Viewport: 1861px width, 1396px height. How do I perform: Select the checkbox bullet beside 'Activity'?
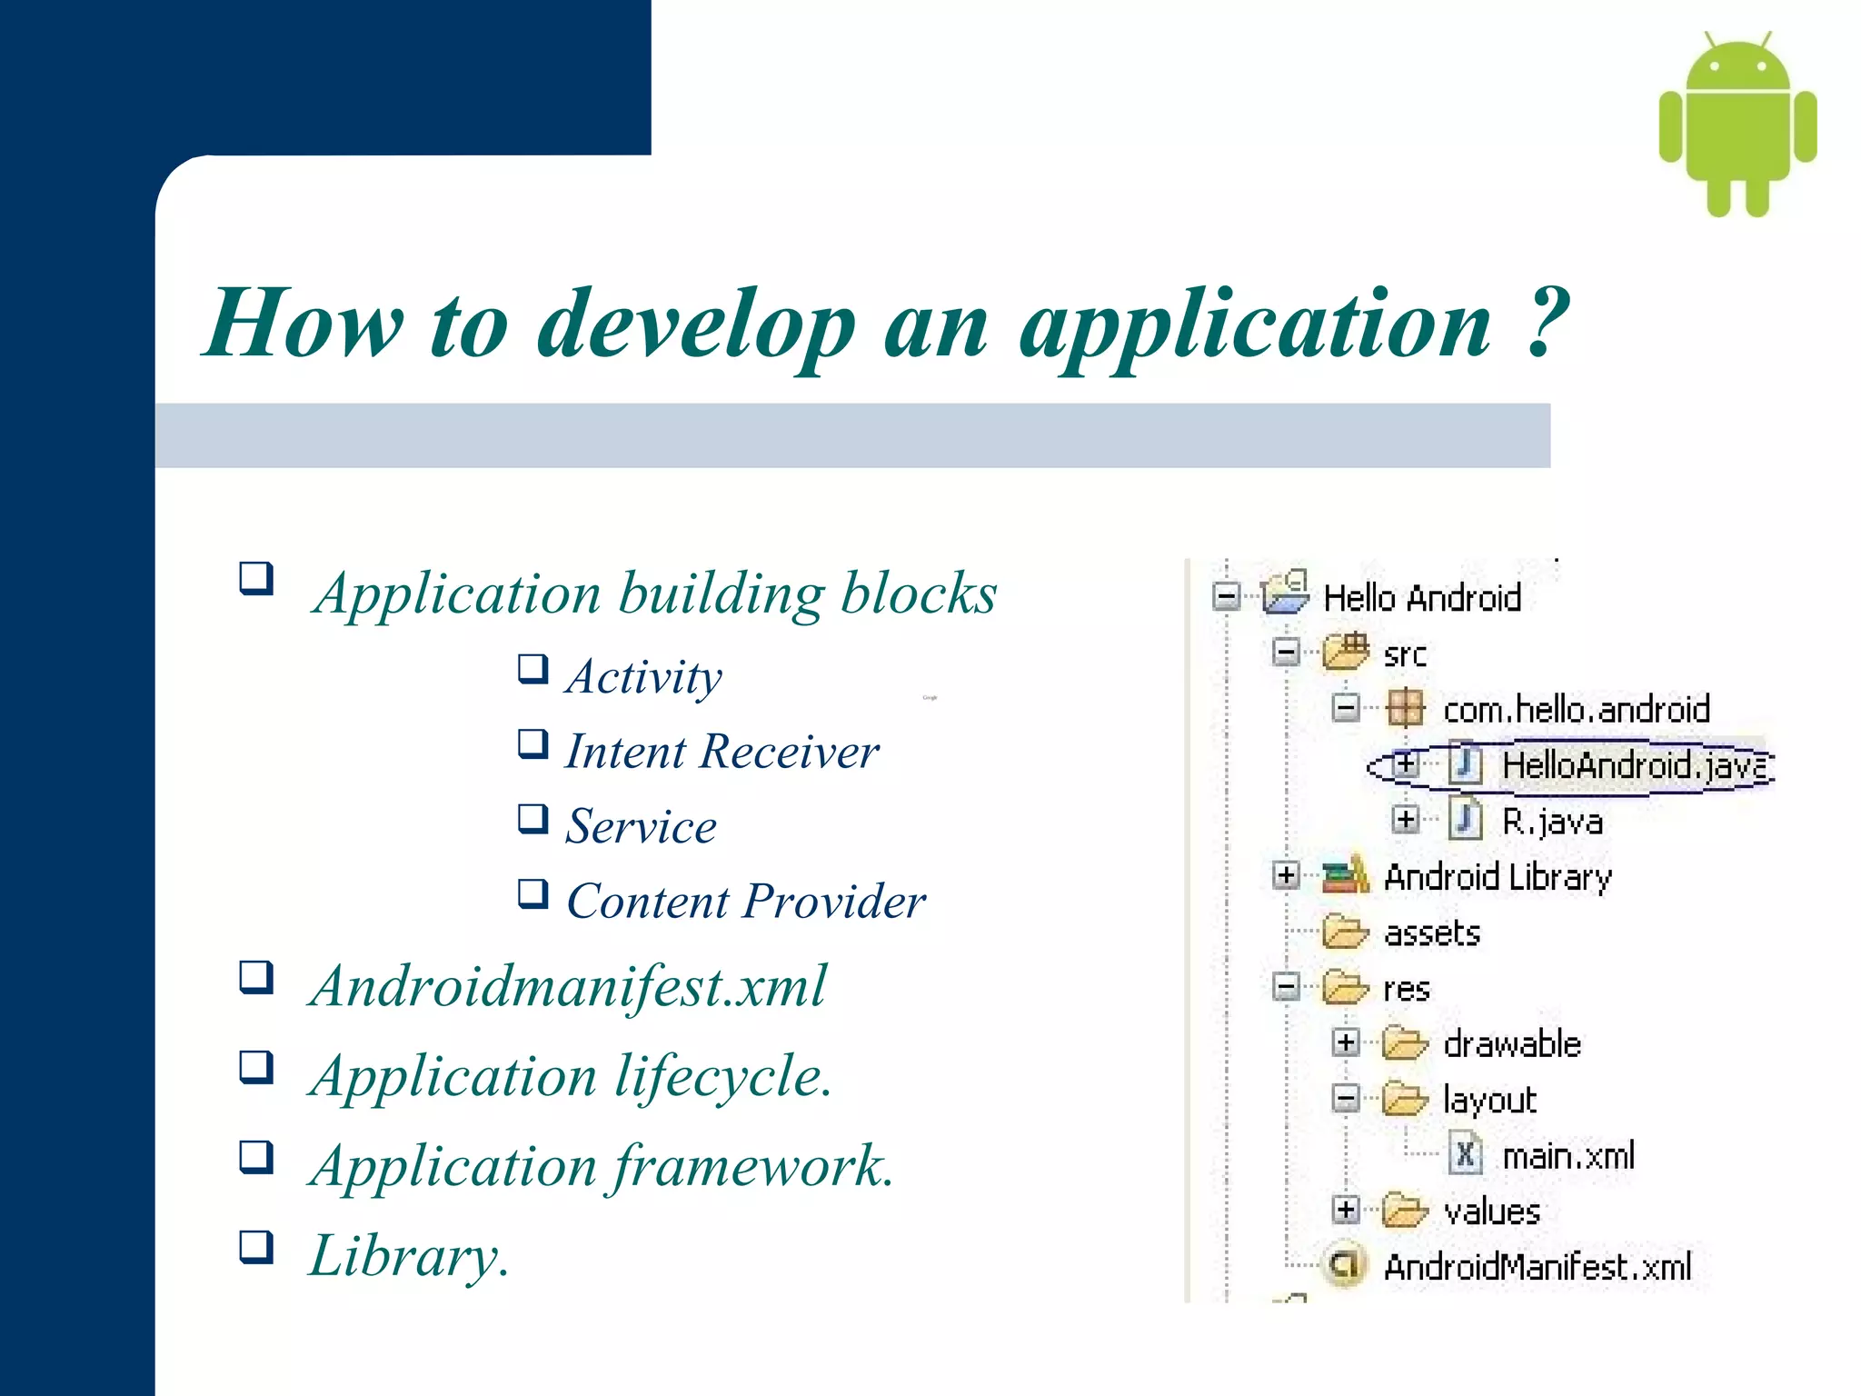tap(533, 668)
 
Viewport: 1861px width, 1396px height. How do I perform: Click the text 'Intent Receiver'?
tap(722, 752)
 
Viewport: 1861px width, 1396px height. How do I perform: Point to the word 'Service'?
tap(641, 826)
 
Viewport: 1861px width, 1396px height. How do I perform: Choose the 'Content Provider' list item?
tap(745, 901)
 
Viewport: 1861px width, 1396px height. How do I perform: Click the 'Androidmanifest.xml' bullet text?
tap(568, 986)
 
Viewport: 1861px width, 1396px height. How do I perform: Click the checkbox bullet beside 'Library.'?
tap(256, 1246)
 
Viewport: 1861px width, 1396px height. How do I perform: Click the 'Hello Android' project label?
tap(1421, 598)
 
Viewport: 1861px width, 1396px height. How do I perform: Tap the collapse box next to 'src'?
tap(1286, 652)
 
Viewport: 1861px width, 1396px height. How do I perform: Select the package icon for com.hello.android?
tap(1405, 708)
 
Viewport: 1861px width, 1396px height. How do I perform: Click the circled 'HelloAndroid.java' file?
tap(1631, 765)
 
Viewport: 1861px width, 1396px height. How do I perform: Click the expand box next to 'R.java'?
tap(1405, 820)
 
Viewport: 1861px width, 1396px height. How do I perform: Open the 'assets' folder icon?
tap(1345, 932)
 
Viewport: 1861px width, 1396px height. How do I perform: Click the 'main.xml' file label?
tap(1567, 1156)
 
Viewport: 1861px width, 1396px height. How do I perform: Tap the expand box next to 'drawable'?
tap(1346, 1042)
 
